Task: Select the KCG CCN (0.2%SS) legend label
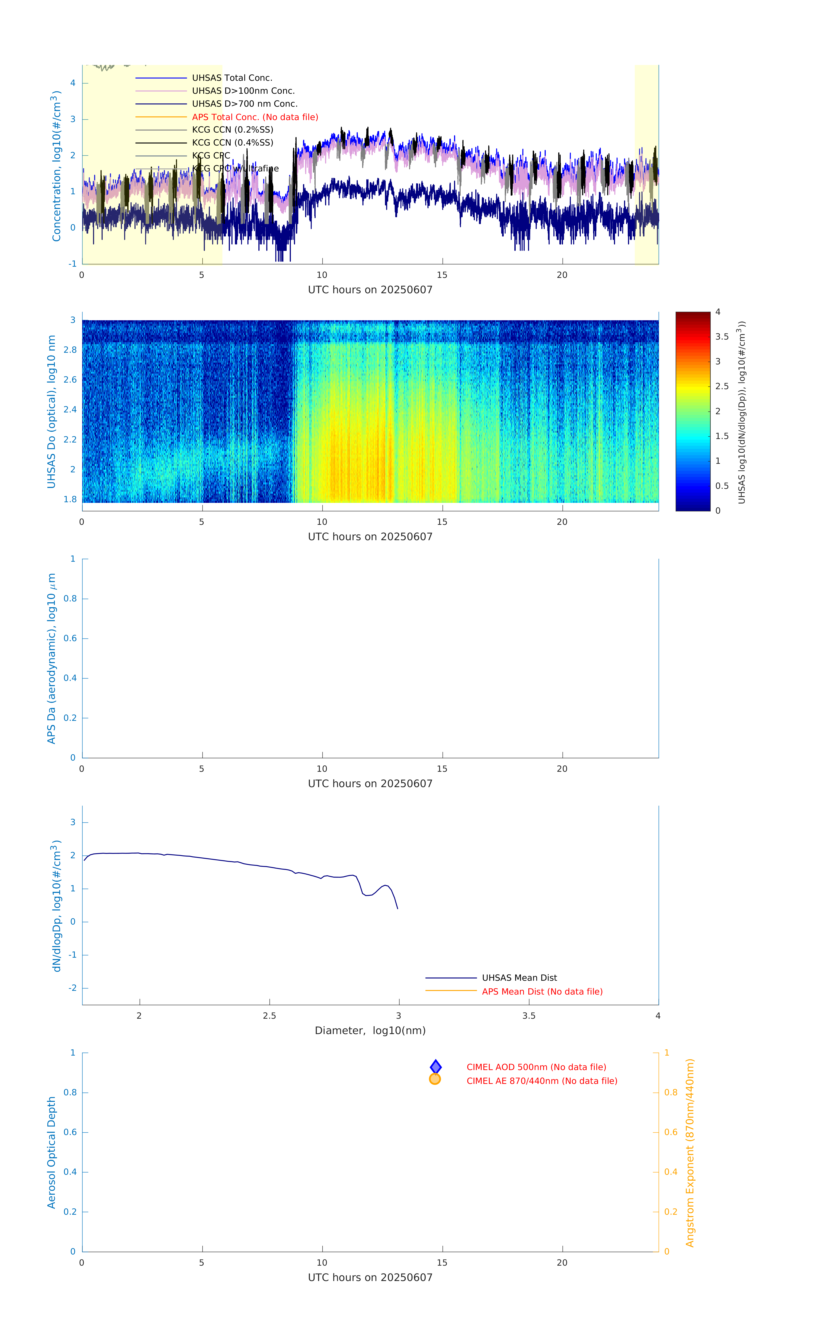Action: pyautogui.click(x=232, y=130)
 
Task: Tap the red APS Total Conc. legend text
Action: pyautogui.click(x=255, y=117)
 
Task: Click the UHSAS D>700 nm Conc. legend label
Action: pyautogui.click(x=244, y=104)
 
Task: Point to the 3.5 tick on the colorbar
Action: pyautogui.click(x=721, y=337)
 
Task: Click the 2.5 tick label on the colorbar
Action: pyautogui.click(x=721, y=386)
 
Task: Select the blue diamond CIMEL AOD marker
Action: pyautogui.click(x=436, y=1067)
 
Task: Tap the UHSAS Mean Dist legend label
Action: pyautogui.click(x=519, y=977)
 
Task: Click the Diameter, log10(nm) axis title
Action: pyautogui.click(x=370, y=1030)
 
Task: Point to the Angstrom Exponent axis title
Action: pyautogui.click(x=690, y=1152)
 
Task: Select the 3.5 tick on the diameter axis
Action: pyautogui.click(x=529, y=1016)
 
